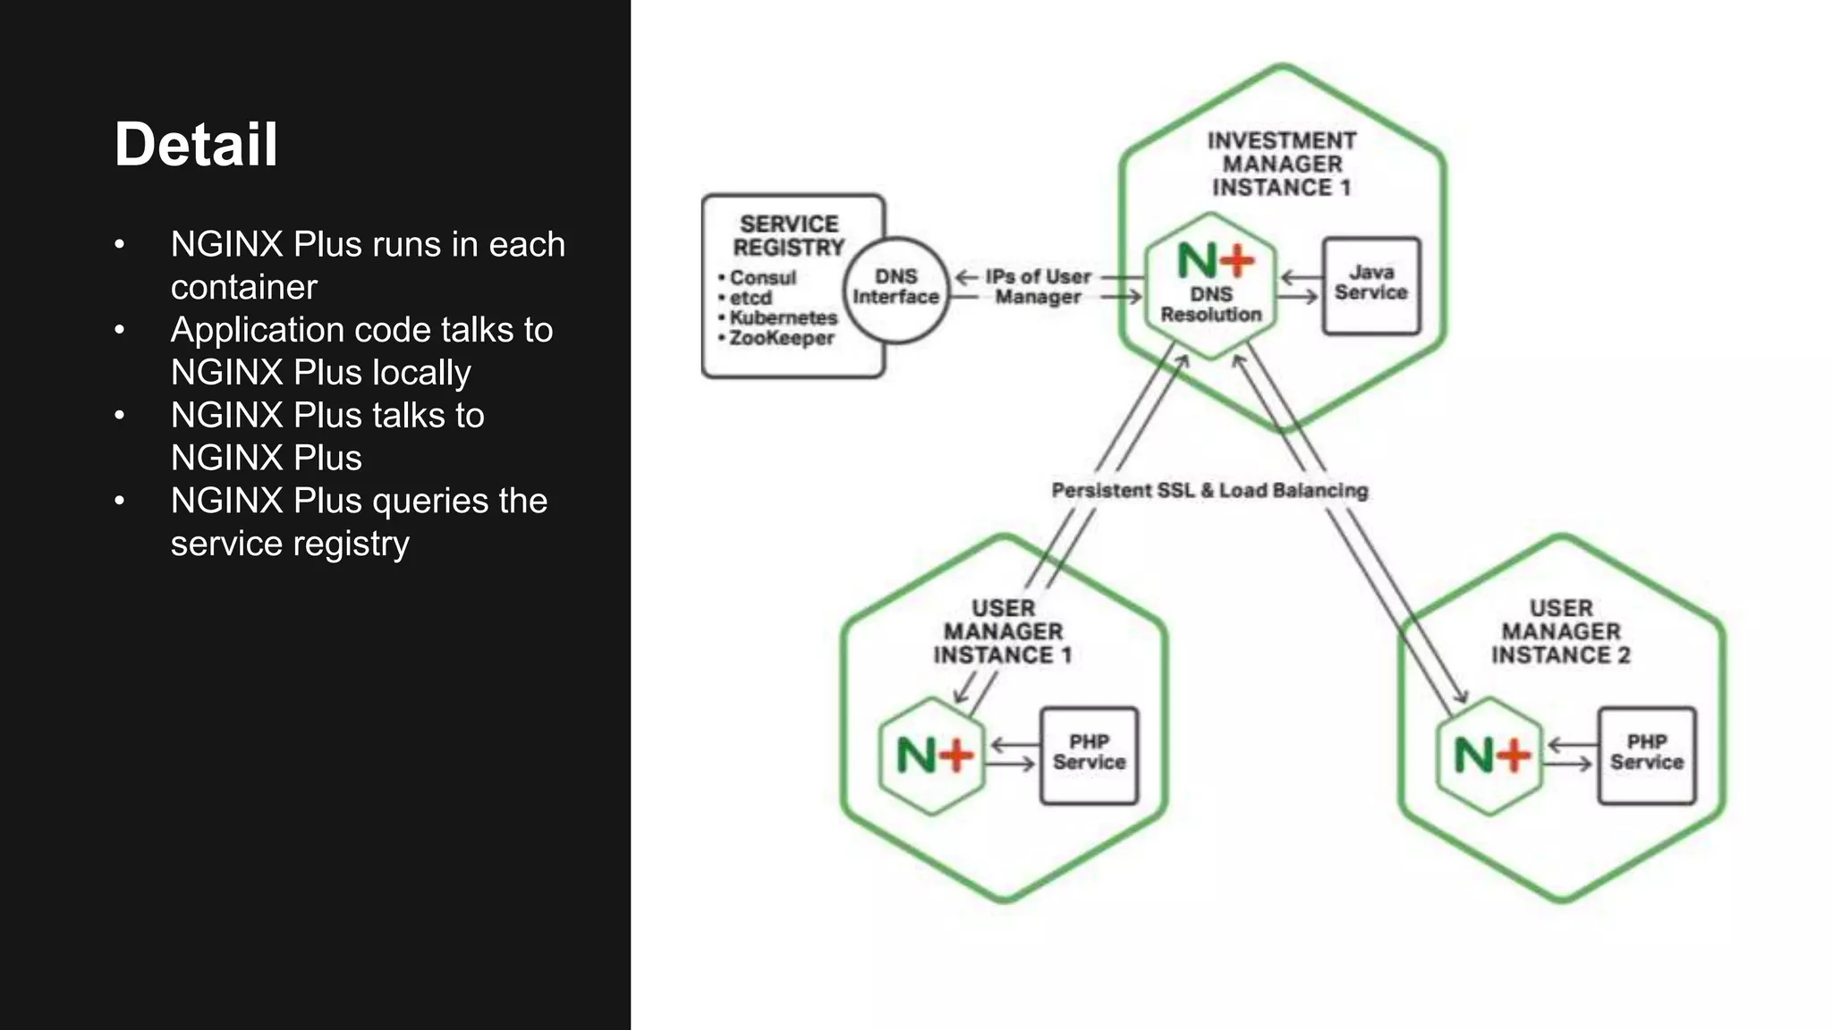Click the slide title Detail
click(x=196, y=145)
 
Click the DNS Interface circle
click(x=895, y=289)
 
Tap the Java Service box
click(x=1370, y=284)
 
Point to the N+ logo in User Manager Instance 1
click(x=933, y=756)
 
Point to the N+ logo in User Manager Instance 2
click(x=1490, y=756)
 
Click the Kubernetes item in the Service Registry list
click(x=783, y=317)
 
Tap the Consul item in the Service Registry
click(x=762, y=277)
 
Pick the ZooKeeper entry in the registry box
click(x=781, y=338)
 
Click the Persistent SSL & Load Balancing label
click(x=1209, y=490)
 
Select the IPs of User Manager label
click(x=1038, y=286)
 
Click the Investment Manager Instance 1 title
click(x=1281, y=164)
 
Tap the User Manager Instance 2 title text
click(x=1560, y=631)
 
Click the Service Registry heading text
click(x=788, y=235)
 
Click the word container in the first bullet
click(x=243, y=287)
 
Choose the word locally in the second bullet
click(x=421, y=373)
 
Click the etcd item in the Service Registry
click(x=750, y=298)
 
